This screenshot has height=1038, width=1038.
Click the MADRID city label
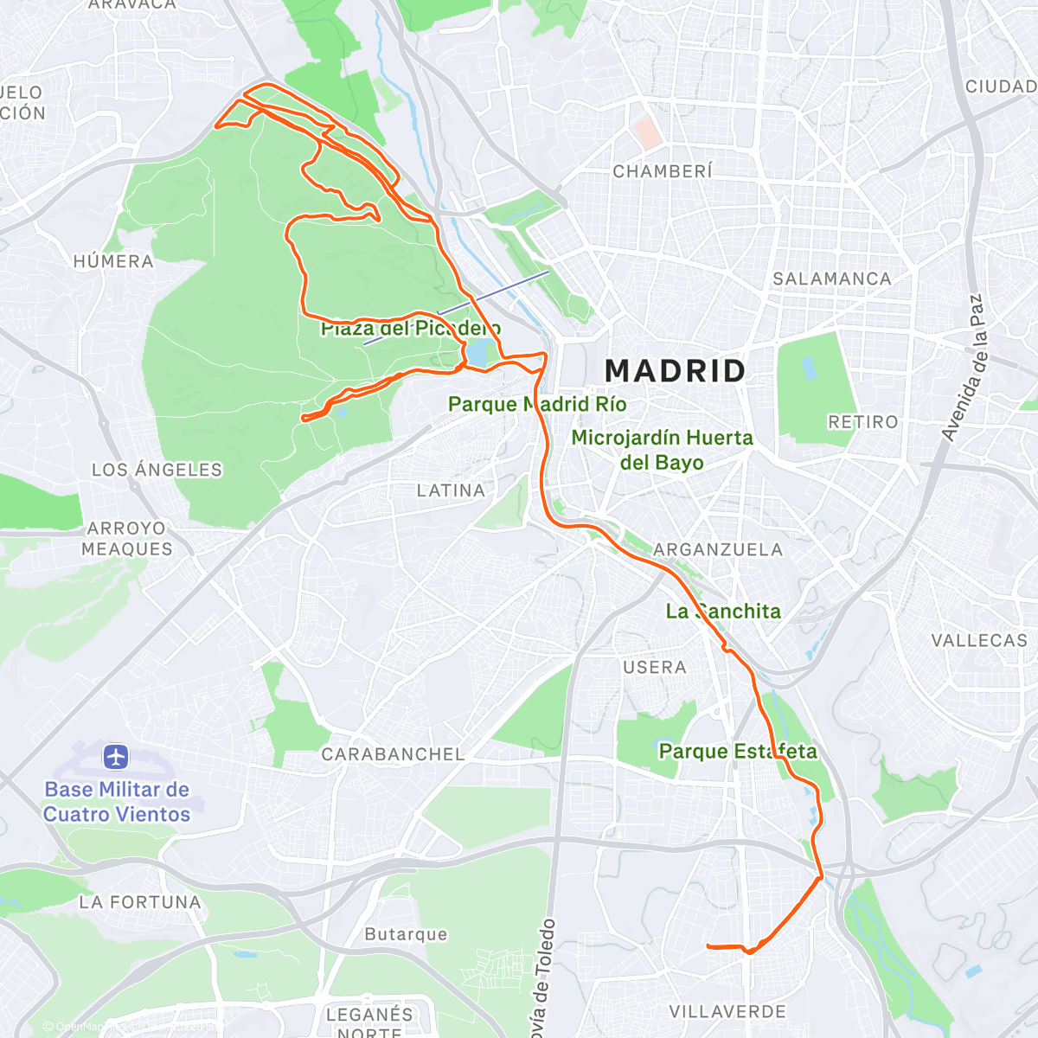coord(675,371)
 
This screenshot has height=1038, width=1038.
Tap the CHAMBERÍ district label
coord(663,171)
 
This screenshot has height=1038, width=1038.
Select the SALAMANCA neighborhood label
coord(831,279)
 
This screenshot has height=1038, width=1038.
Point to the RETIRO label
coord(862,422)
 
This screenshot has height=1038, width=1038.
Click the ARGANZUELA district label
coord(717,550)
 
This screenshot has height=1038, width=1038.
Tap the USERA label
coord(654,667)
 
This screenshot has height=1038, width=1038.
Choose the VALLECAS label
coord(978,640)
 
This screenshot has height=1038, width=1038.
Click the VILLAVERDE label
coord(727,1011)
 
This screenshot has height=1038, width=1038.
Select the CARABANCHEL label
coord(393,754)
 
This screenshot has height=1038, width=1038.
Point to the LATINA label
coord(451,490)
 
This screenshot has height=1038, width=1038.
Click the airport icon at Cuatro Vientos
coord(115,758)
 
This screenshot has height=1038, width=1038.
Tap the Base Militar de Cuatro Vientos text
coord(117,802)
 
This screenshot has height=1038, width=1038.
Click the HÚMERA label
coord(113,261)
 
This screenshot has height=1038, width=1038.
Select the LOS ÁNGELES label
coord(157,470)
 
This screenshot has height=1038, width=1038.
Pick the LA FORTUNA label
coord(139,902)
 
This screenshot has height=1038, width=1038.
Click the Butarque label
coord(406,934)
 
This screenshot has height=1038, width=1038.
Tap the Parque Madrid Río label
coord(536,404)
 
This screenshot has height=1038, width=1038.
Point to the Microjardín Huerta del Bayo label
coord(662,450)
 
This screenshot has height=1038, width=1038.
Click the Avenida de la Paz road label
coord(964,368)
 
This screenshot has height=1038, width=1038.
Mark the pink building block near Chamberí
coord(647,132)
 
